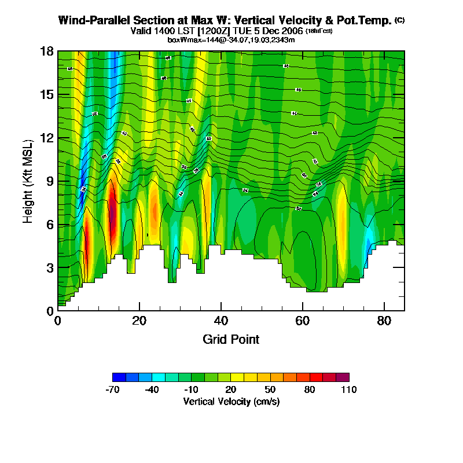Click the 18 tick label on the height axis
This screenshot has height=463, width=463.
pos(47,52)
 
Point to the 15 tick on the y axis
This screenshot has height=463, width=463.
pos(47,94)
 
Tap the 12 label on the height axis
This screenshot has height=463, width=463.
pos(47,138)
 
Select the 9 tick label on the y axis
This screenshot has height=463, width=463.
pos(50,181)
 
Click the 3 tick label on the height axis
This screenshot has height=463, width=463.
pos(50,267)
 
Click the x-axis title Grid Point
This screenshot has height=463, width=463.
pos(231,339)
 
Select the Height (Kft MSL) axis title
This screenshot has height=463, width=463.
pos(28,181)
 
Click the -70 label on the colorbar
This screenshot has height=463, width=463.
pos(112,389)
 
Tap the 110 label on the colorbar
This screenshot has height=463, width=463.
pos(349,389)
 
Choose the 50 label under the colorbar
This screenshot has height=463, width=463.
pos(270,389)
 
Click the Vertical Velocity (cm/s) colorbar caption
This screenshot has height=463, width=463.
pos(231,401)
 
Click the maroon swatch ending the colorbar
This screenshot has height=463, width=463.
pos(343,377)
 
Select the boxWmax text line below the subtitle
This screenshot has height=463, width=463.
pos(231,39)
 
